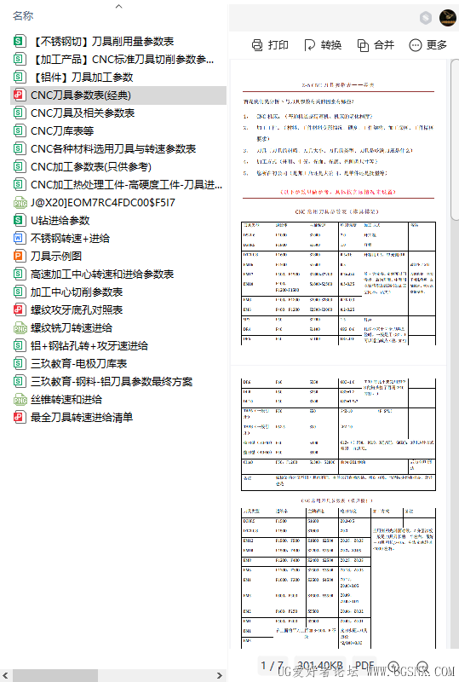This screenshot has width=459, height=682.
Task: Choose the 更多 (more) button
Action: pos(428,45)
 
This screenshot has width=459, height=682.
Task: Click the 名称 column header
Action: pos(23,15)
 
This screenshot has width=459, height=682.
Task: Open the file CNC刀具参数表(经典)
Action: pos(81,95)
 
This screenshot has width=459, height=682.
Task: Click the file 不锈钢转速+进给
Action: pos(70,238)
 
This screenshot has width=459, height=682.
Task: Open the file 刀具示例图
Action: pos(56,256)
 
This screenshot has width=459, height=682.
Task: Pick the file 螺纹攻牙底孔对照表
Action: pos(77,309)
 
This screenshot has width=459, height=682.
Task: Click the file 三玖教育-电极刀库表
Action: pos(78,363)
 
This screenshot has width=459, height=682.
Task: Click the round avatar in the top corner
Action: pos(448,18)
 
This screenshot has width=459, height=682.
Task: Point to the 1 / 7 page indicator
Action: pos(272,666)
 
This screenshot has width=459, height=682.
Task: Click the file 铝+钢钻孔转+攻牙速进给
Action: pos(89,345)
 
